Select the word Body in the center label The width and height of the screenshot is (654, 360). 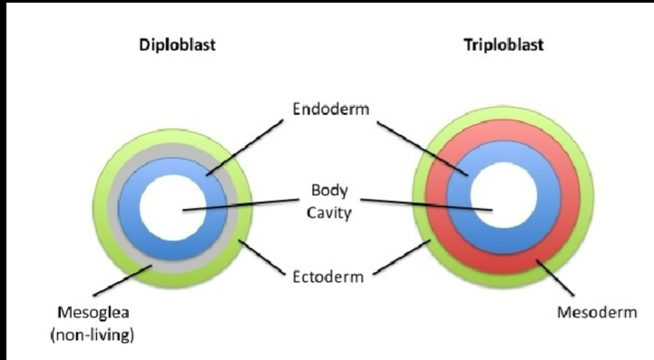click(x=327, y=191)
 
